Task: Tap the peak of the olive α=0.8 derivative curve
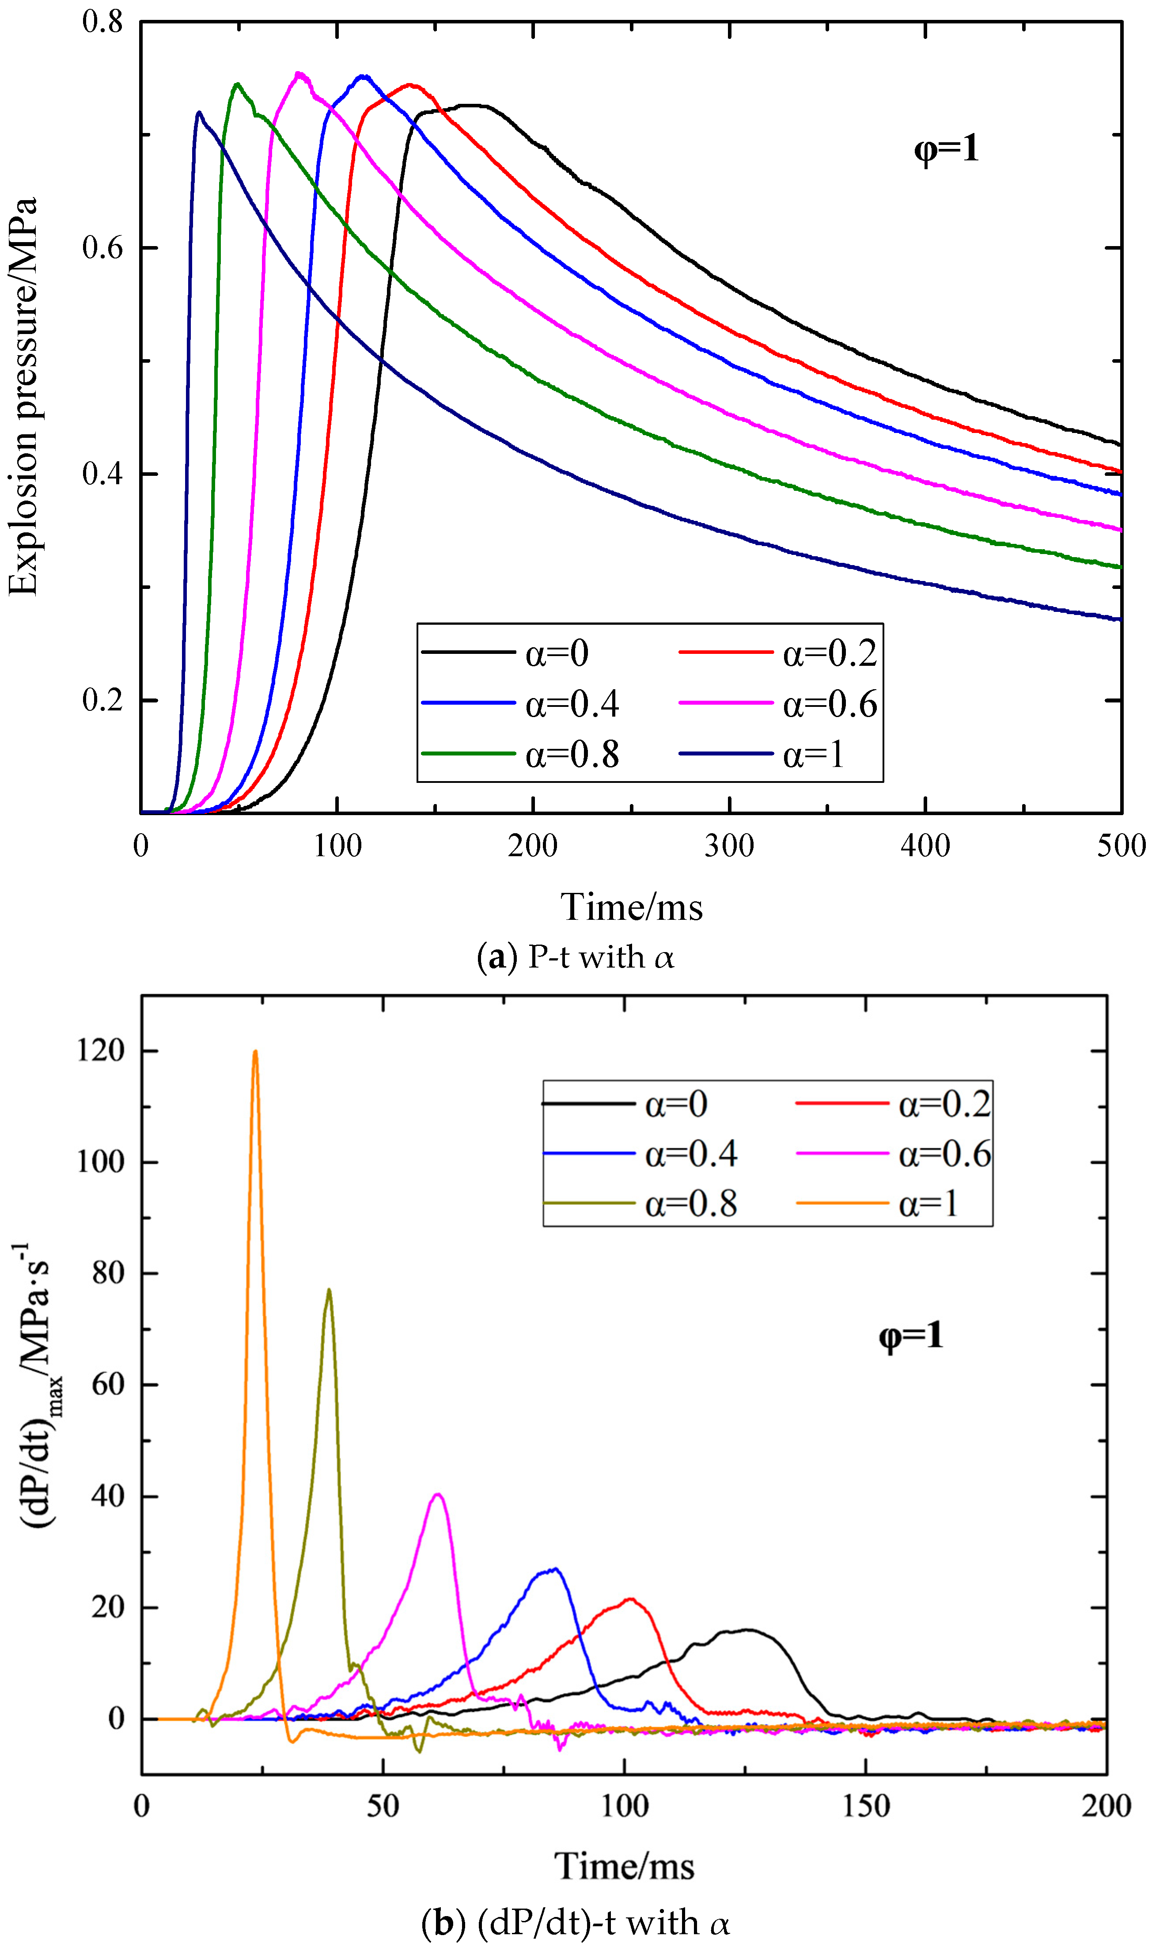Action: [329, 1291]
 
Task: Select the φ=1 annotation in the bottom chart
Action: [910, 1335]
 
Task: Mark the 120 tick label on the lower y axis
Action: [101, 1051]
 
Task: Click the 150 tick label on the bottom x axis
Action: [866, 1806]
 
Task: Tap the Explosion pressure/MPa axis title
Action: [23, 396]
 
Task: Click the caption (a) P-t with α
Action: [575, 957]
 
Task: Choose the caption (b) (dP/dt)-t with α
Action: [575, 1923]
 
